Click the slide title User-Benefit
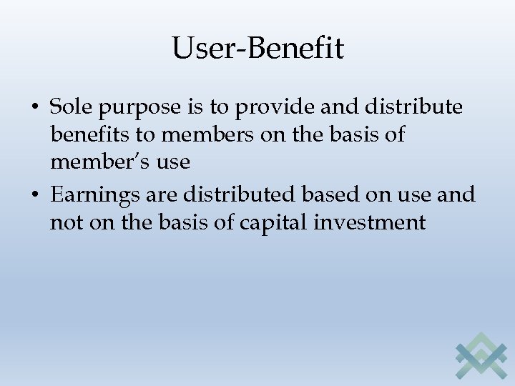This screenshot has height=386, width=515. (257, 49)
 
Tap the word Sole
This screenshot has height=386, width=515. (70, 107)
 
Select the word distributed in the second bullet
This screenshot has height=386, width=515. (227, 194)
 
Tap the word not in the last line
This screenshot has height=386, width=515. (67, 222)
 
